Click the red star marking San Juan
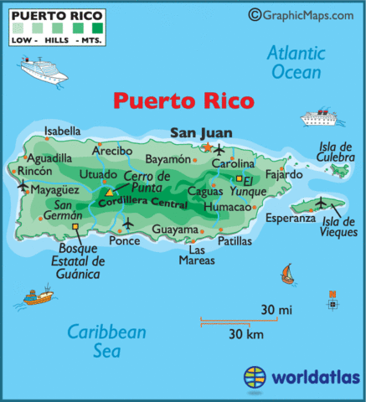[207, 148]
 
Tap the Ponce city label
[124, 240]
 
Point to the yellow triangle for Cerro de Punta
[110, 193]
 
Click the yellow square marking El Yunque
[238, 178]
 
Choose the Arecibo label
[112, 151]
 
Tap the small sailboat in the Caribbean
[287, 273]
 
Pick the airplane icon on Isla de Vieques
[321, 202]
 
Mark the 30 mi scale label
[276, 310]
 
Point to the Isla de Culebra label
[337, 152]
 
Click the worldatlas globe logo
[257, 377]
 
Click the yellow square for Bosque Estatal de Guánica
[76, 226]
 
